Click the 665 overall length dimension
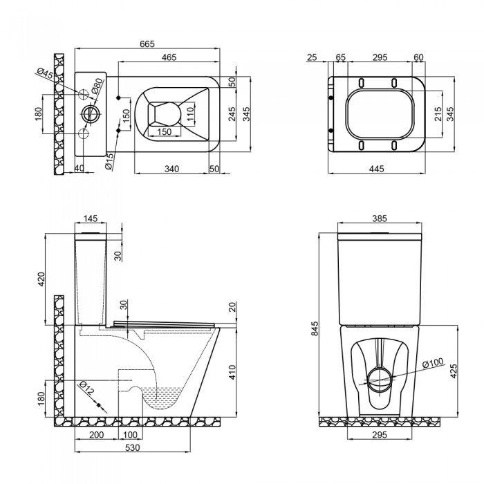point(146,44)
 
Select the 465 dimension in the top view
point(167,58)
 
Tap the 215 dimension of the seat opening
point(438,113)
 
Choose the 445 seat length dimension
point(376,168)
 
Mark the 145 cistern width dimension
point(91,218)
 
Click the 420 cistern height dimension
point(41,279)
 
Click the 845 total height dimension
point(315,329)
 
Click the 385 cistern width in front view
point(379,218)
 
